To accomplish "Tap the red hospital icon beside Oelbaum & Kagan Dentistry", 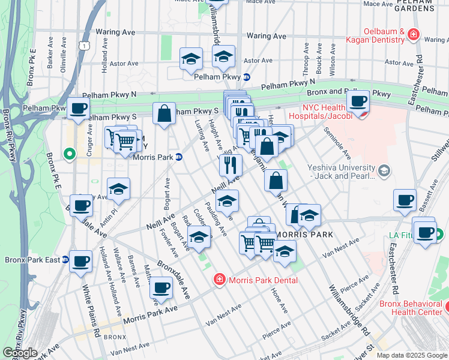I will point(412,34).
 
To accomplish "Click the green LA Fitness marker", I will point(440,235).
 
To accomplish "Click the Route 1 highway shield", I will point(87,45).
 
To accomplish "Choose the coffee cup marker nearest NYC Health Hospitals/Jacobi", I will point(358,103).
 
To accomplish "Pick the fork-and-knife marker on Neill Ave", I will point(231,165).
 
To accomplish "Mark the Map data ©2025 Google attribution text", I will point(412,355).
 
